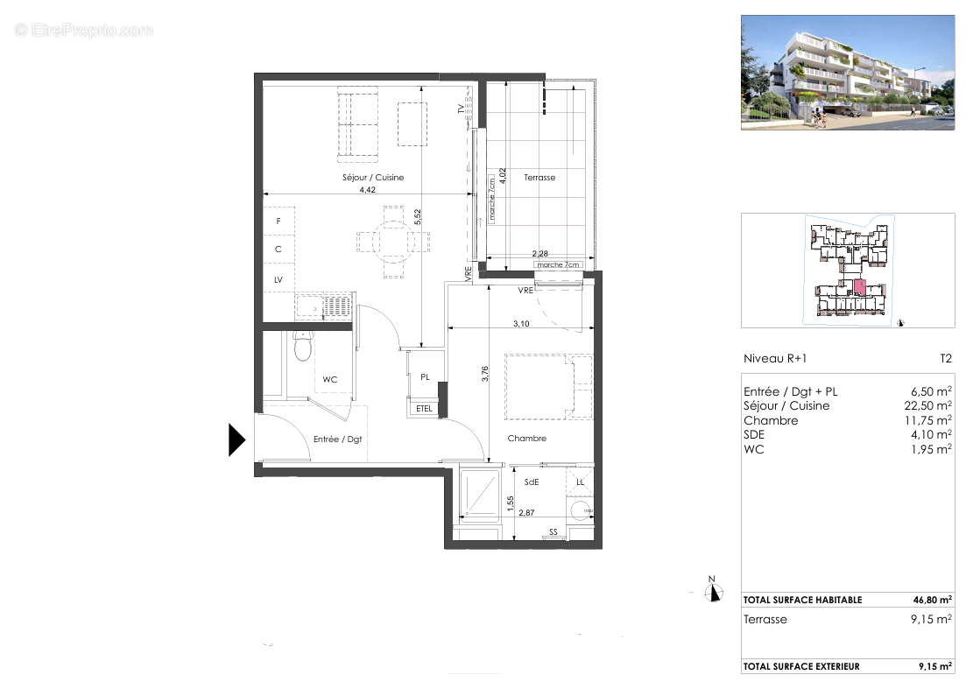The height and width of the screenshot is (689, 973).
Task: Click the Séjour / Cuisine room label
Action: pos(373,178)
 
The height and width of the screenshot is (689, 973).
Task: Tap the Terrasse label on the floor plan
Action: pos(539,178)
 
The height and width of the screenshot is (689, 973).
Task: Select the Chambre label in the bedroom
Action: pos(525,439)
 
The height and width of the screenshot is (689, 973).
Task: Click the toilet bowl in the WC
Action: pos(302,348)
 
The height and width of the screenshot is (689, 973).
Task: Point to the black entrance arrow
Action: pos(236,439)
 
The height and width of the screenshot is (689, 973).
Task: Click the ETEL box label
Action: pos(424,408)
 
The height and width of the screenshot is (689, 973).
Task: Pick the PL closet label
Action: pos(425,377)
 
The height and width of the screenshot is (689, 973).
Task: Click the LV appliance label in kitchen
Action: pos(279,279)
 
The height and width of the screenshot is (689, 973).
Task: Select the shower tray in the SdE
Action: pos(479,496)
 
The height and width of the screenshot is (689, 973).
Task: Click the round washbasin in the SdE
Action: pos(580,510)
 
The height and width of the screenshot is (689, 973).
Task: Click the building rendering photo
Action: pos(848,73)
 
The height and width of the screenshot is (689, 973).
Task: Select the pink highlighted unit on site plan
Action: pos(859,286)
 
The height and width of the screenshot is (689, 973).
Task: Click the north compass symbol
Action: pos(715,592)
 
